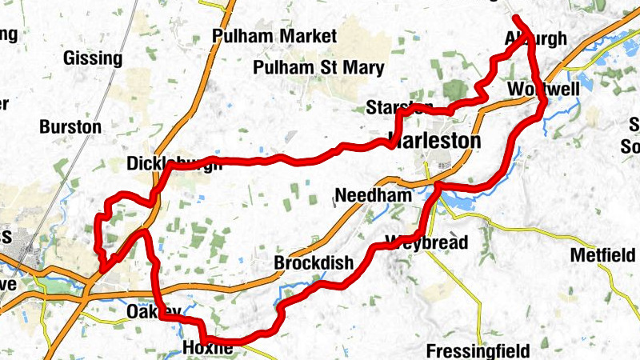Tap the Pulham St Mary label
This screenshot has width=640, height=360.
point(318,68)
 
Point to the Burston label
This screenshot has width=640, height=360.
point(70,126)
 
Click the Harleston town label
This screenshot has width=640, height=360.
point(434,141)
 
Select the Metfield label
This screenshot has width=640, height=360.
point(602,256)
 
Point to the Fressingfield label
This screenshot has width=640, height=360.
point(478,350)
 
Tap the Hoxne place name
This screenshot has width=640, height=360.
point(207,349)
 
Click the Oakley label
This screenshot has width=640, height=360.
point(149,311)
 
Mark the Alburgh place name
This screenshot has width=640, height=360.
point(536,38)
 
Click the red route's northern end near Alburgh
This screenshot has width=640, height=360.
point(515,18)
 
